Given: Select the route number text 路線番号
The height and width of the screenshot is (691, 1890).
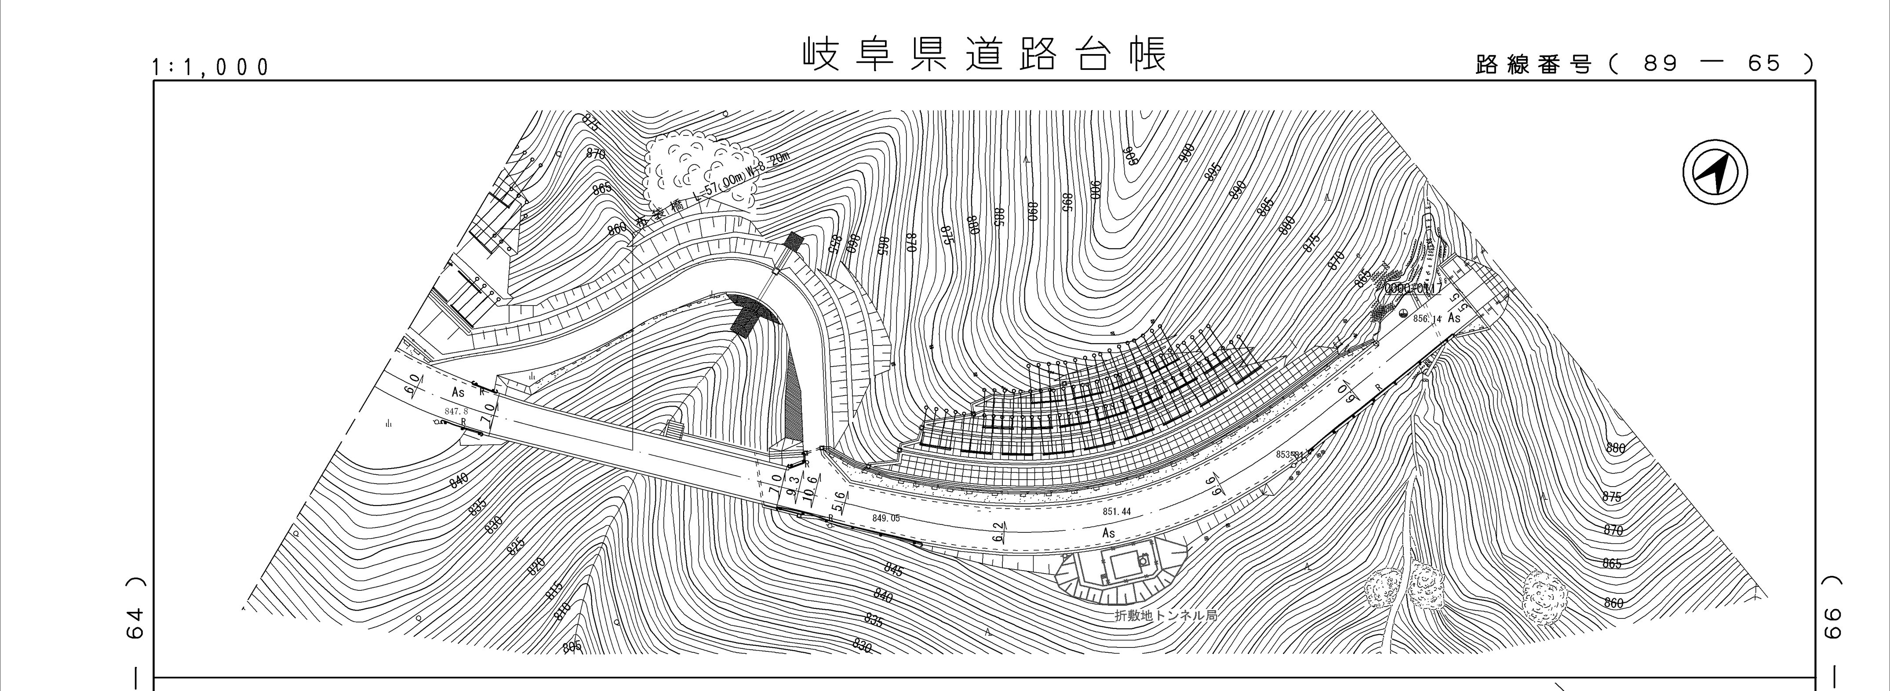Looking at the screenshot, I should (x=1533, y=65).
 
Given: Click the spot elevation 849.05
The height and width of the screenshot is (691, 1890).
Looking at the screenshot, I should (x=885, y=518).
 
